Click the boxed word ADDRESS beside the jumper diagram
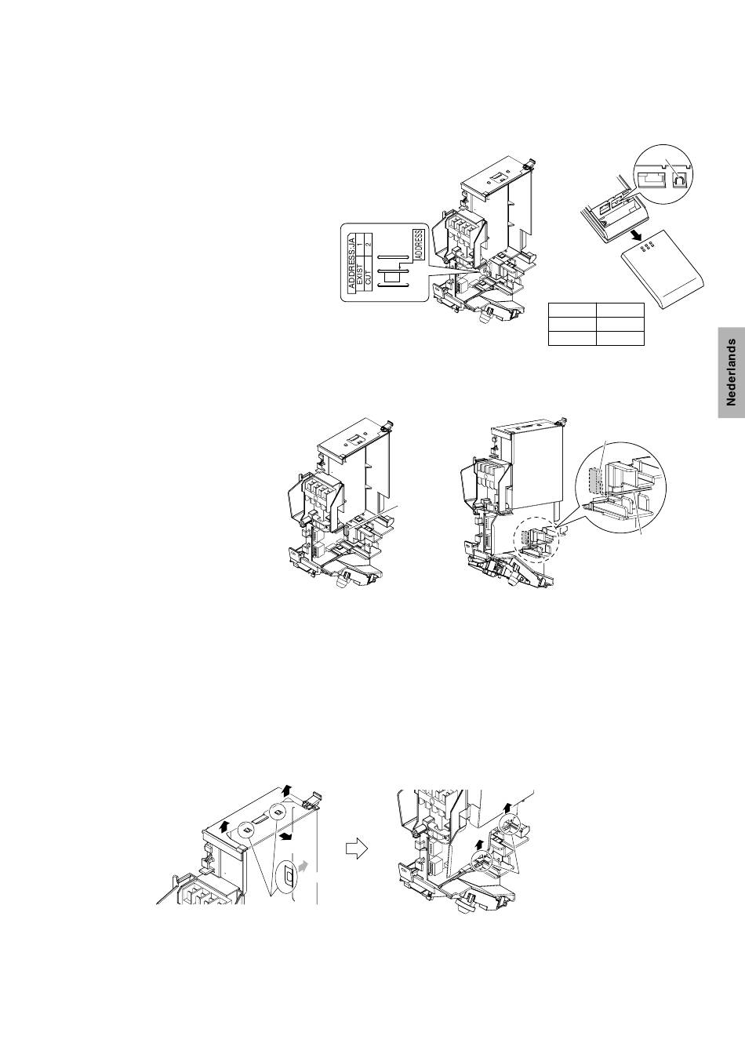point(419,245)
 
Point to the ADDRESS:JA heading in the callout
point(351,262)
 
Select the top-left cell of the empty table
point(572,310)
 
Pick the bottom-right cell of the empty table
point(620,338)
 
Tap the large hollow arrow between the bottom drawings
point(357,849)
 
